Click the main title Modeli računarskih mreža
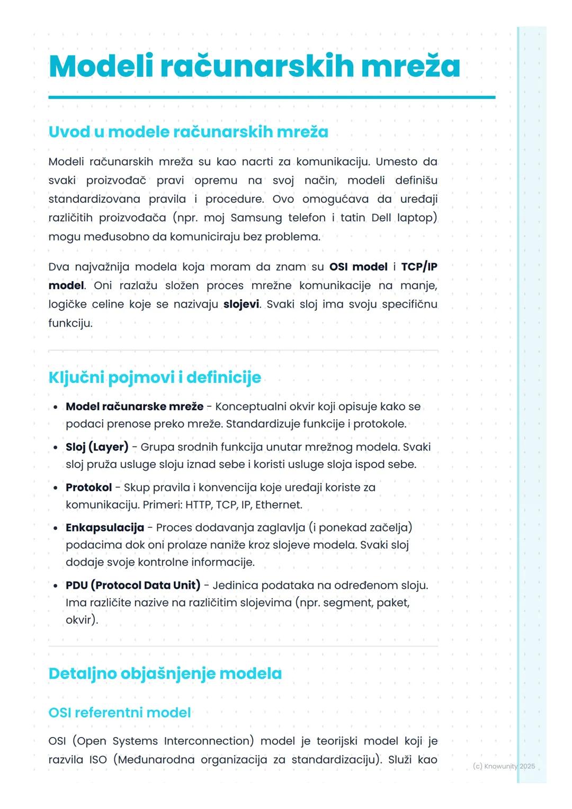pyautogui.click(x=254, y=67)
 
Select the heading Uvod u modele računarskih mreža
pyautogui.click(x=188, y=132)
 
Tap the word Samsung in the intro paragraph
pyautogui.click(x=256, y=218)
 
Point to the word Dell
pyautogui.click(x=381, y=218)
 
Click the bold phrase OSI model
pyautogui.click(x=358, y=267)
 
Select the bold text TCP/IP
pyautogui.click(x=419, y=267)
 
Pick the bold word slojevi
pyautogui.click(x=241, y=304)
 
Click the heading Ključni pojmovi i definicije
pyautogui.click(x=155, y=377)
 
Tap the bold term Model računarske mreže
pyautogui.click(x=135, y=407)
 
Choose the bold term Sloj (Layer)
pyautogui.click(x=97, y=447)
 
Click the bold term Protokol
pyautogui.click(x=88, y=487)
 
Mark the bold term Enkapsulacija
pyautogui.click(x=105, y=527)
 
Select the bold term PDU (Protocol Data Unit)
pyautogui.click(x=133, y=585)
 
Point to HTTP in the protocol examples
pyautogui.click(x=198, y=505)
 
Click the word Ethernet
pyautogui.click(x=278, y=505)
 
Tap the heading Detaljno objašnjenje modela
pyautogui.click(x=165, y=673)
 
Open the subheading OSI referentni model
pyautogui.click(x=119, y=713)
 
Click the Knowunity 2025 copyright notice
pyautogui.click(x=503, y=766)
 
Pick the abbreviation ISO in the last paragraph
pyautogui.click(x=98, y=760)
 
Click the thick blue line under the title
pyautogui.click(x=272, y=97)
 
